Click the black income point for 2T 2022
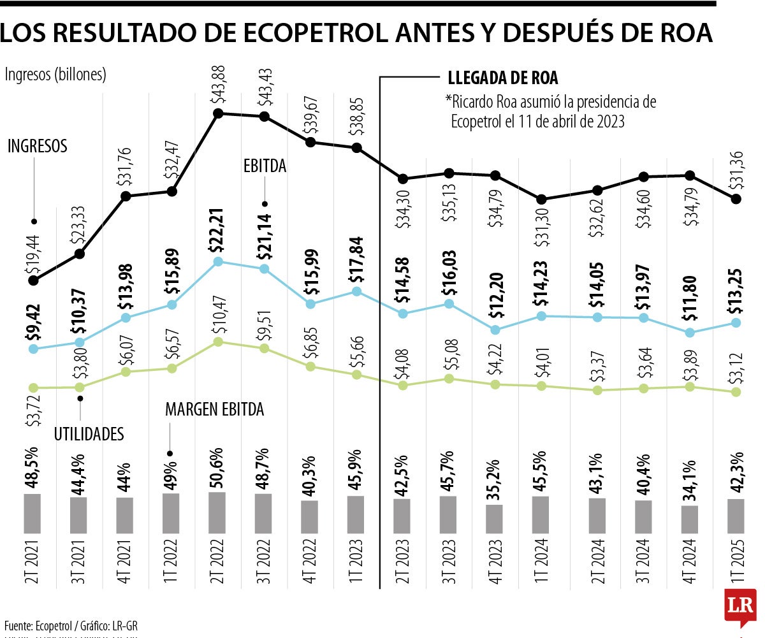click(218, 113)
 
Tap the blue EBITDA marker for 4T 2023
click(495, 330)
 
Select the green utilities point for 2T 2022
click(218, 342)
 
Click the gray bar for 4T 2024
click(689, 519)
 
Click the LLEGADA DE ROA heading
click(502, 78)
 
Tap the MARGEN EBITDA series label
click(214, 410)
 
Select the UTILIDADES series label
click(89, 434)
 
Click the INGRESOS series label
click(38, 146)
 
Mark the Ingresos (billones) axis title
click(55, 75)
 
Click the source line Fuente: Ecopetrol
click(70, 625)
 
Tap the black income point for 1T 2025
click(736, 199)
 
